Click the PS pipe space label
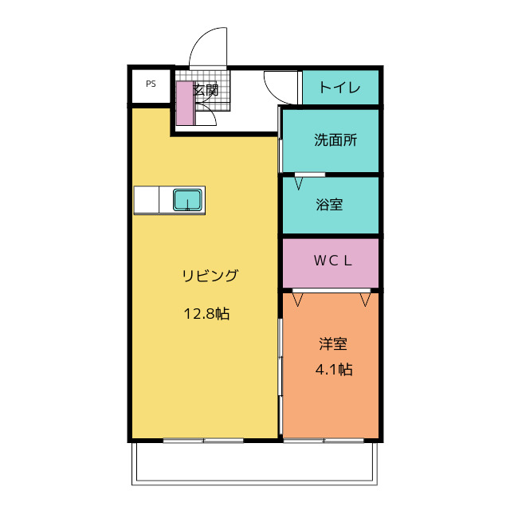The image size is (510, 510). (151, 84)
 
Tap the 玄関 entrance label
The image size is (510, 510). (206, 90)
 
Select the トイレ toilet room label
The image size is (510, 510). (340, 88)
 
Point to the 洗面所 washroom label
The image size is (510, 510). (335, 140)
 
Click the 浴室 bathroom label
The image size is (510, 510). (329, 205)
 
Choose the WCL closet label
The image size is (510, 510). (333, 261)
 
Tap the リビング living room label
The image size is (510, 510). (210, 276)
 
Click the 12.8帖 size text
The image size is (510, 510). (207, 314)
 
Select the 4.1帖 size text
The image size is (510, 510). (334, 370)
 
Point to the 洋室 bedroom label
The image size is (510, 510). (333, 343)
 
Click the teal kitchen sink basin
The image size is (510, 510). (187, 200)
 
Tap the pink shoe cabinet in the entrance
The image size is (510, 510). (185, 103)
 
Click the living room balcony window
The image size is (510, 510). (203, 441)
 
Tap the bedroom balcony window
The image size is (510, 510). (324, 441)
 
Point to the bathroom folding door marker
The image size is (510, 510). (299, 184)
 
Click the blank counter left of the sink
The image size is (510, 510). (147, 200)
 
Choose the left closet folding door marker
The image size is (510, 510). (297, 300)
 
